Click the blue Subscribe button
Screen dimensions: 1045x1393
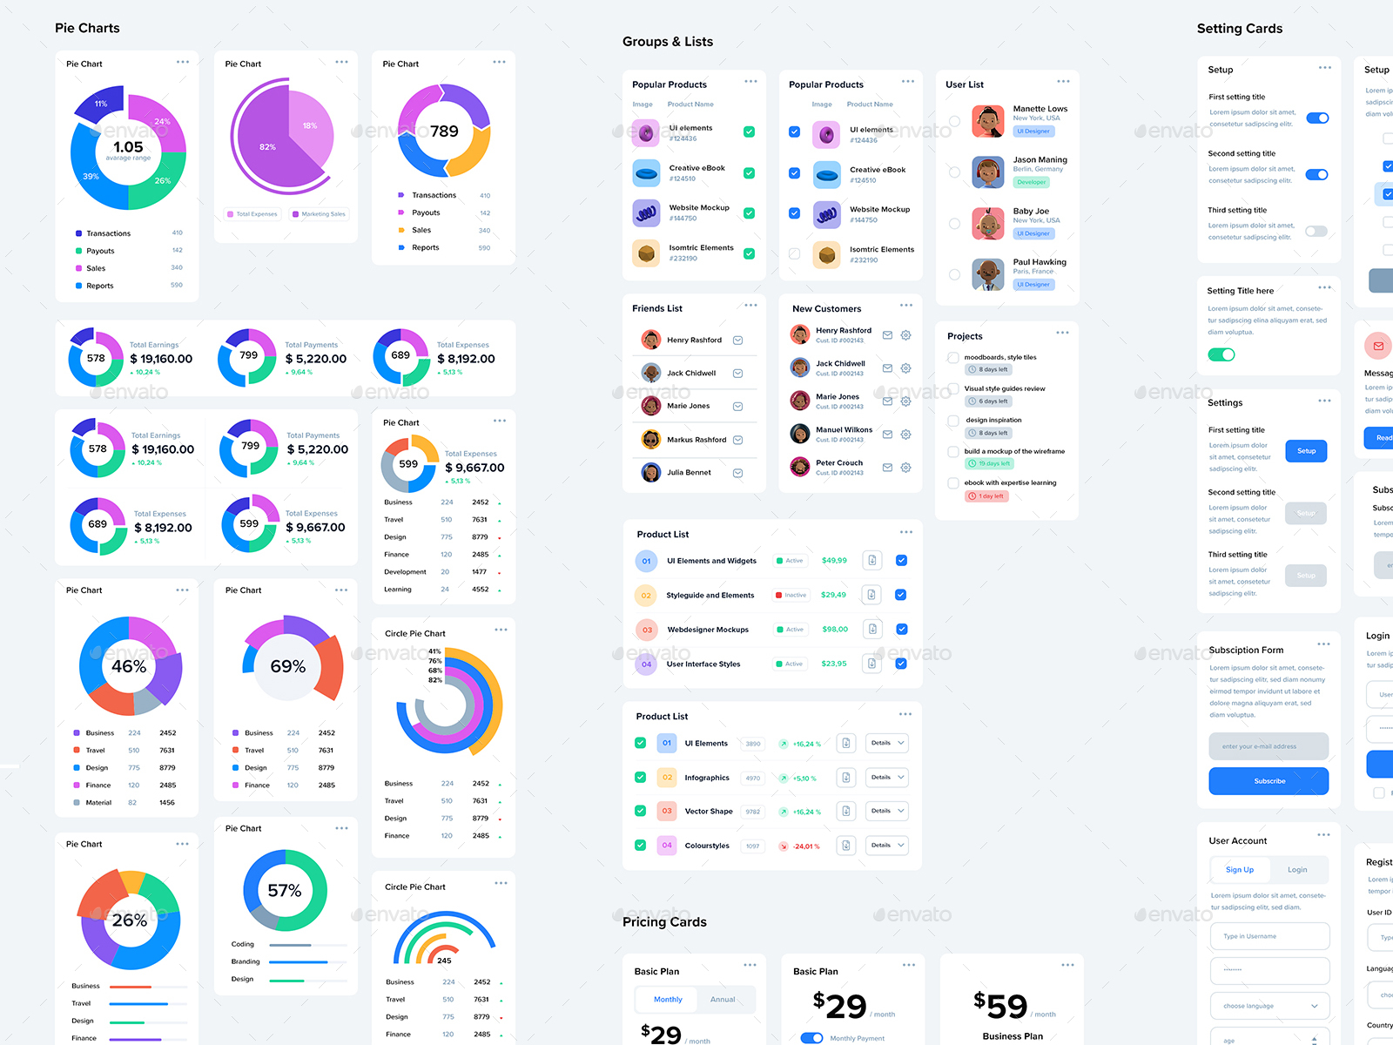1269,781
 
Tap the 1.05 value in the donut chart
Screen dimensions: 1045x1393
128,147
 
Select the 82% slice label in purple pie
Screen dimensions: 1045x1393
267,147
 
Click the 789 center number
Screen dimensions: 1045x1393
444,131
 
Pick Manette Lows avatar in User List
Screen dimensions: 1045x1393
988,121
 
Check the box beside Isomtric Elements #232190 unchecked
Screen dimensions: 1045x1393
794,254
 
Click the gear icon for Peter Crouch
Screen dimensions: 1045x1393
905,468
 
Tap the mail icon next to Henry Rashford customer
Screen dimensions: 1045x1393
887,335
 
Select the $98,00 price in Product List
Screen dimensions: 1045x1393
835,629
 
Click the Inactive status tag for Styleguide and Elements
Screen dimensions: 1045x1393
791,595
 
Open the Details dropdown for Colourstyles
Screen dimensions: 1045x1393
887,845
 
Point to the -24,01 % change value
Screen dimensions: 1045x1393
805,846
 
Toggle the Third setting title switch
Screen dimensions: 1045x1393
1316,231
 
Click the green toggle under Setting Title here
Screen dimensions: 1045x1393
1221,354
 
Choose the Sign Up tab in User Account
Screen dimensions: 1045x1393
1239,870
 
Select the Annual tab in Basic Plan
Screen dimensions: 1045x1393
723,1000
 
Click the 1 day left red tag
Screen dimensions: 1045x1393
986,496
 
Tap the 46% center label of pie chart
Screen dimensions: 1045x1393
129,666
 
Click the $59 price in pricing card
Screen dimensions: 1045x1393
1001,1006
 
